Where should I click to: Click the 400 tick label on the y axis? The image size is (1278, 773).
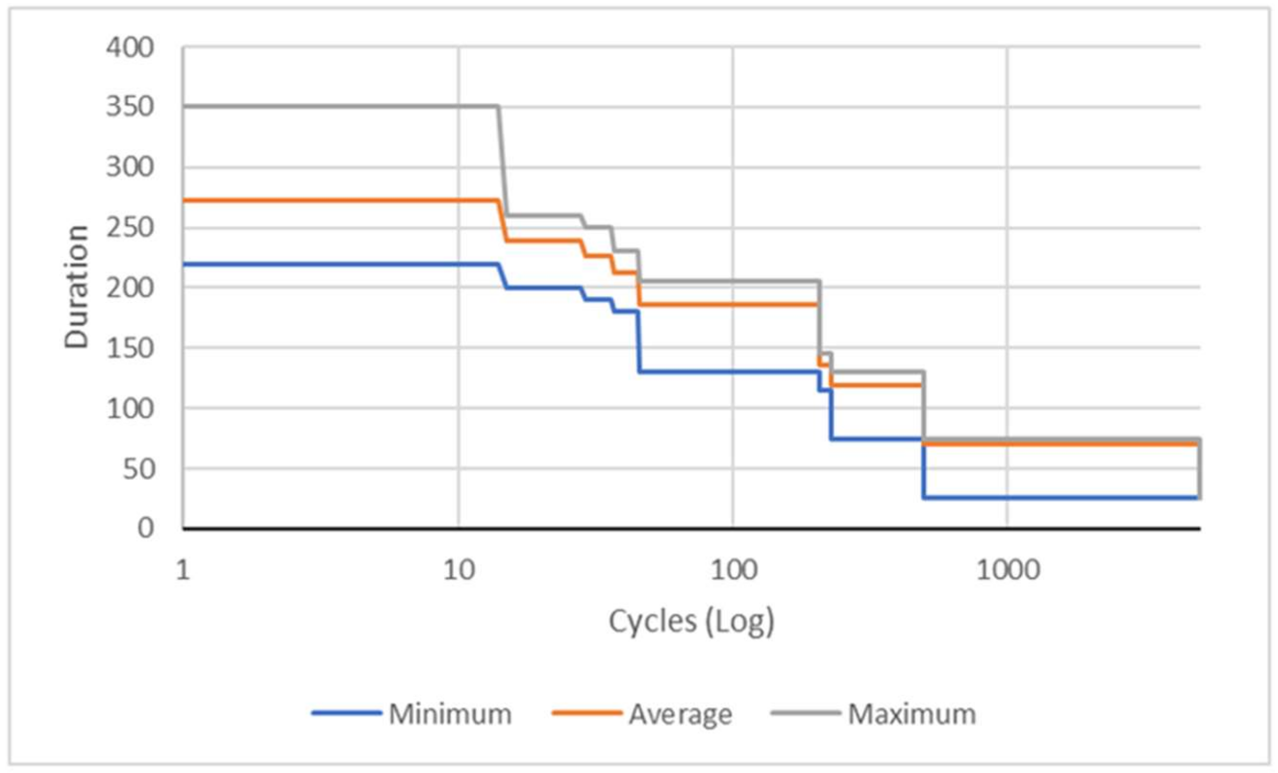(130, 48)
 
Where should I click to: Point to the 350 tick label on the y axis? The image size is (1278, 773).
(130, 107)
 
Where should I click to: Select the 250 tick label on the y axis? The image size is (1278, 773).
(130, 228)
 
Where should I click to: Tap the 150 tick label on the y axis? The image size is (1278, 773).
(130, 348)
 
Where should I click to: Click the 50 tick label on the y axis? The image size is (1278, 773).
(139, 469)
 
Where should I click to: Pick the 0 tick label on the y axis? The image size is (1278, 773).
(146, 528)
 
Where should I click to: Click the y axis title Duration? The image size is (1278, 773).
(77, 287)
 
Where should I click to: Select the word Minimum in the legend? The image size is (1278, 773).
(450, 714)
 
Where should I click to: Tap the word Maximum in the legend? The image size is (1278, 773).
(912, 714)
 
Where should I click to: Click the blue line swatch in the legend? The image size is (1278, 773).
(346, 713)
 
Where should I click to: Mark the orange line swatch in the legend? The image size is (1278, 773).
(587, 713)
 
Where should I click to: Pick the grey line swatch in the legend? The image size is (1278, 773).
(805, 713)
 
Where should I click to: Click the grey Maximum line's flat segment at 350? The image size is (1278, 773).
(337, 106)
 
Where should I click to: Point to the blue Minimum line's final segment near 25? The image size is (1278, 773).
(1063, 498)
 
